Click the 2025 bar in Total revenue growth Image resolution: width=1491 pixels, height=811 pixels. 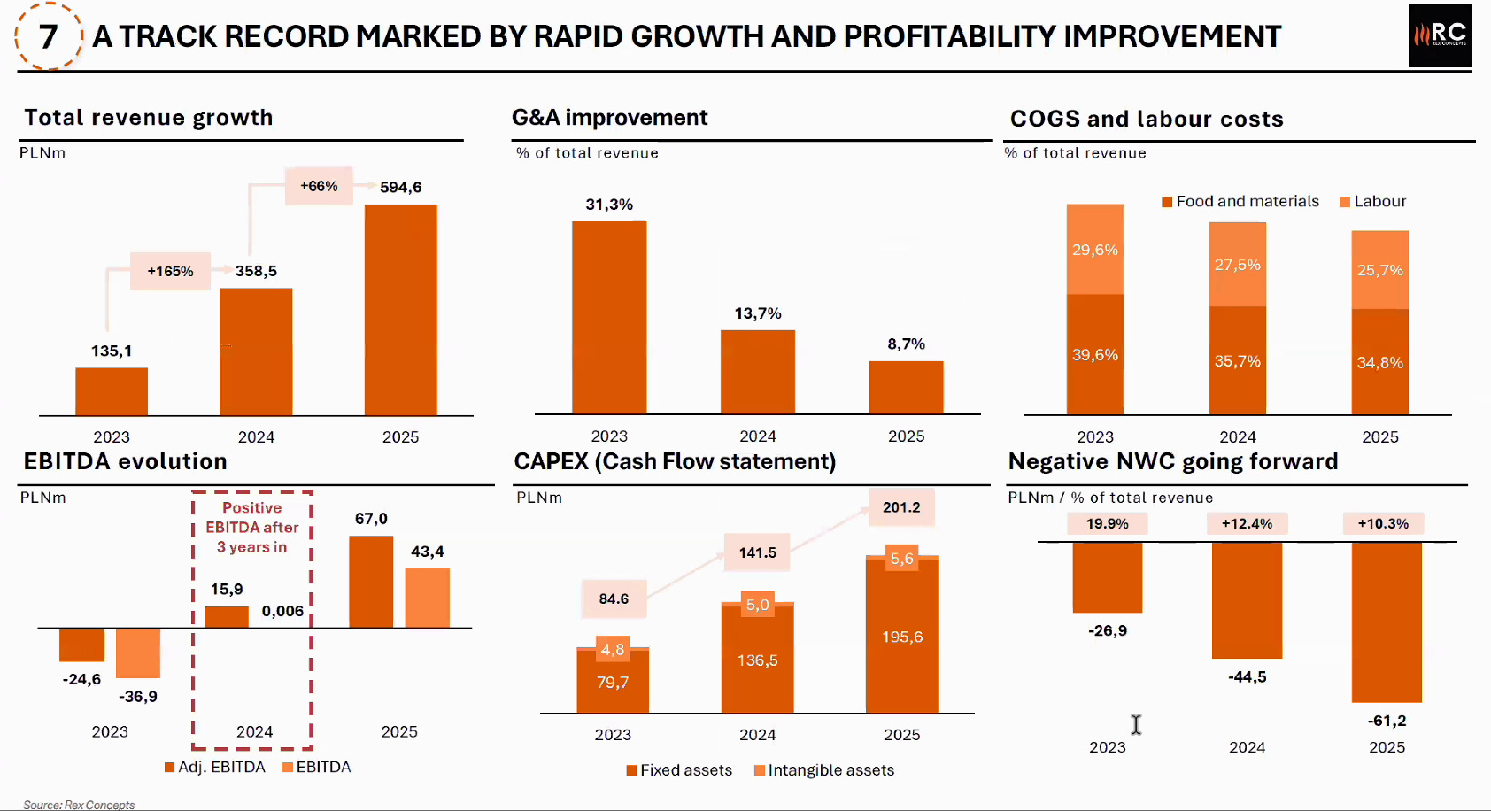[400, 310]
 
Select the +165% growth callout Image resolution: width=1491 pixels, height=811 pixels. [170, 271]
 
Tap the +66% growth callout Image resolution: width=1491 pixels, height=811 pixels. [319, 186]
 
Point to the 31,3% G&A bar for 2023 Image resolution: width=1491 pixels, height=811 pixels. [609, 317]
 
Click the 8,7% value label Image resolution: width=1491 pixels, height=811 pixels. [906, 344]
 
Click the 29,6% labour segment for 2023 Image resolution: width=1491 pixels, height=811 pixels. [1095, 250]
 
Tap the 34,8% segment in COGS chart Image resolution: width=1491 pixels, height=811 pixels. [1379, 362]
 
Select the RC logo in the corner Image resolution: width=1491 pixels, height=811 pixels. [1440, 35]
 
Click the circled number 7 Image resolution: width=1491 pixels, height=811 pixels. [49, 36]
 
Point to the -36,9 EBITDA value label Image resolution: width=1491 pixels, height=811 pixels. [138, 696]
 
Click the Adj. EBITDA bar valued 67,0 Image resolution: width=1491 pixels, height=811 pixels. [371, 582]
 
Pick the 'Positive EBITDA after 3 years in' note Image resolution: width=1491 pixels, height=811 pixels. [252, 528]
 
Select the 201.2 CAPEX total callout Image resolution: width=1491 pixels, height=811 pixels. [901, 507]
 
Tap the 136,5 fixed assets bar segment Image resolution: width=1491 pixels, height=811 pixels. [757, 660]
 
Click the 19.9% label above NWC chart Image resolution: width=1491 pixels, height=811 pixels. [1107, 523]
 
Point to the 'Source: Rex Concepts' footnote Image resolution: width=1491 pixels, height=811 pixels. [79, 805]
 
